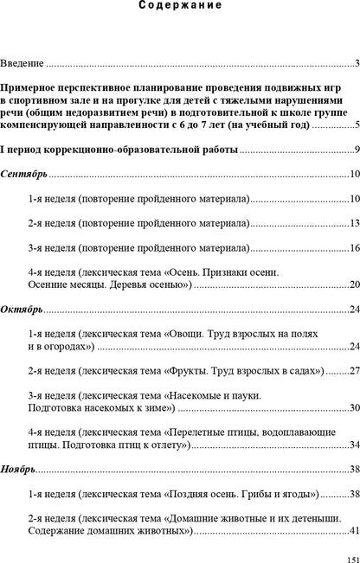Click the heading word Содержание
click(x=180, y=5)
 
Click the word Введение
click(x=22, y=63)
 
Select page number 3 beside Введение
click(x=357, y=63)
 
